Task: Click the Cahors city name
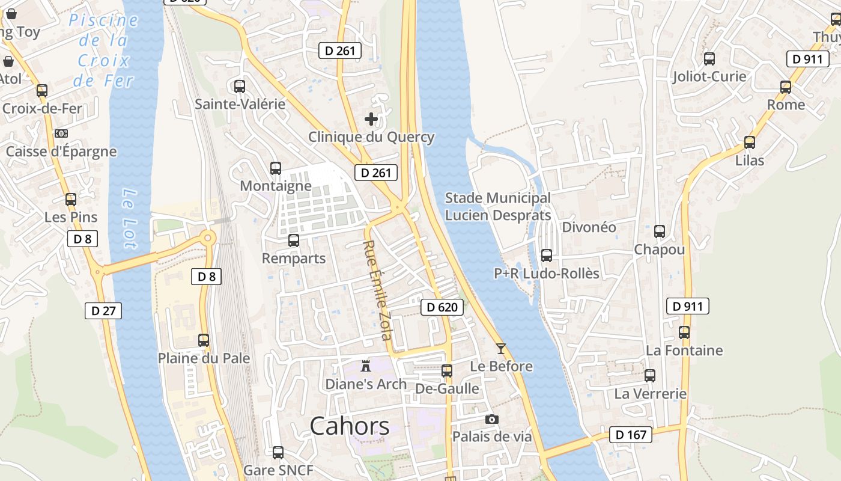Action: pyautogui.click(x=350, y=426)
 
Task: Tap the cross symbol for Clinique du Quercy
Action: pyautogui.click(x=371, y=119)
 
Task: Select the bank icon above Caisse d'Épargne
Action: pyautogui.click(x=61, y=133)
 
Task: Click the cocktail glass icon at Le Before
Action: pyautogui.click(x=501, y=348)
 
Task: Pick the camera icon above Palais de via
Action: pyautogui.click(x=492, y=419)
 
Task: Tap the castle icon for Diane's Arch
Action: pyautogui.click(x=365, y=366)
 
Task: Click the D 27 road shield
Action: pyautogui.click(x=103, y=311)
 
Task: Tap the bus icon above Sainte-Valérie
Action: pyautogui.click(x=240, y=86)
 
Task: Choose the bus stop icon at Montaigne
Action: pyautogui.click(x=276, y=168)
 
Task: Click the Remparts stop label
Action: pyautogui.click(x=294, y=259)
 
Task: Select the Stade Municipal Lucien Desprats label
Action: pyautogui.click(x=497, y=206)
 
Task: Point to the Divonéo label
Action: pyautogui.click(x=589, y=227)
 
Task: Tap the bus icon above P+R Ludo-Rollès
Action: pyautogui.click(x=547, y=256)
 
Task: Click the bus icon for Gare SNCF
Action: pyautogui.click(x=278, y=452)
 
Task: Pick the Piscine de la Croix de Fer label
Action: pyautogui.click(x=103, y=50)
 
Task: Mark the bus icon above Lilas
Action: pyautogui.click(x=750, y=142)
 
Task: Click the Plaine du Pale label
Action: pyautogui.click(x=204, y=358)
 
